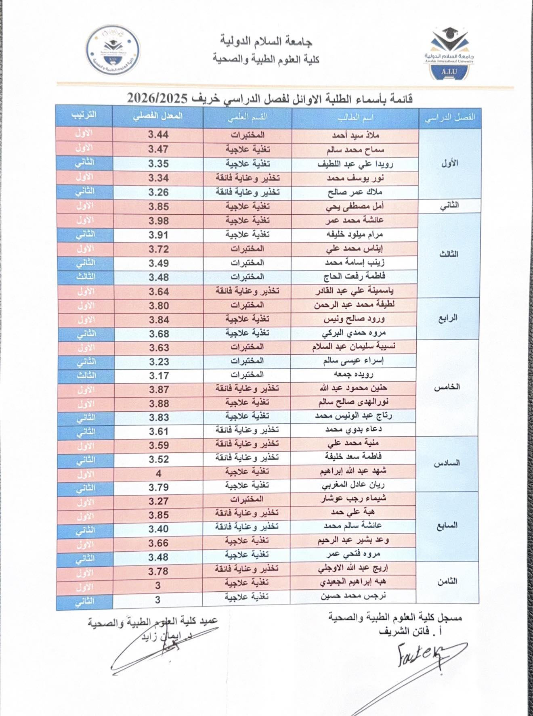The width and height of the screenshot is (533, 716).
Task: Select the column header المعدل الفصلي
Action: coord(158,116)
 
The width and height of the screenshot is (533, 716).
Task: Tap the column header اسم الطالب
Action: coord(355,117)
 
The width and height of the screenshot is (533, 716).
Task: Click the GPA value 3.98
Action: coord(158,221)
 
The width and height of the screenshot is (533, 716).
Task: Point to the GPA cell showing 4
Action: coord(158,473)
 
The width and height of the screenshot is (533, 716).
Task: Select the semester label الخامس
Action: coord(448,387)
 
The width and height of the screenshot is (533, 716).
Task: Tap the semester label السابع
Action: coord(448,525)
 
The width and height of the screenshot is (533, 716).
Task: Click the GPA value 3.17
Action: coord(158,376)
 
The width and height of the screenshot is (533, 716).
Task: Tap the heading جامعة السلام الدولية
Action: coord(266,41)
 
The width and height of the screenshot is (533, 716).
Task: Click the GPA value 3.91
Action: coord(158,235)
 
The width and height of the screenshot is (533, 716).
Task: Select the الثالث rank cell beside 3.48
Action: coord(85,277)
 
